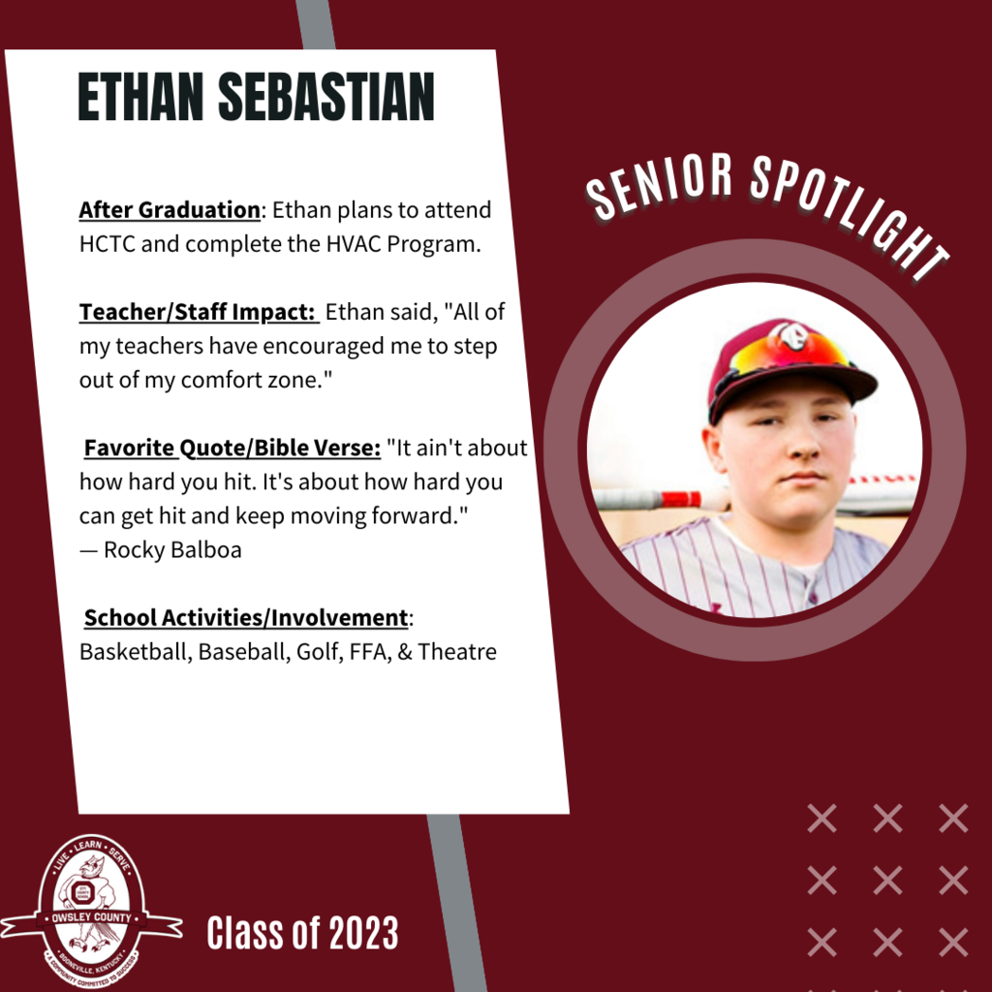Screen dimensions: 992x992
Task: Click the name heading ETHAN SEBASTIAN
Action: coord(256,97)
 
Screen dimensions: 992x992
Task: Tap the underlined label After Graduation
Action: coord(170,210)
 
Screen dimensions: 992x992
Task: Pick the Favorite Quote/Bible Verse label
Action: coord(232,449)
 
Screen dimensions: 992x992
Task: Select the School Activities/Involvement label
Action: coord(246,618)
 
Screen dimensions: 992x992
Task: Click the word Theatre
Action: coord(457,652)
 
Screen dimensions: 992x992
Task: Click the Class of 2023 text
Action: coord(302,934)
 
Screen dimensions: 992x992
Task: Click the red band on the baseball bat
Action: coord(680,499)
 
